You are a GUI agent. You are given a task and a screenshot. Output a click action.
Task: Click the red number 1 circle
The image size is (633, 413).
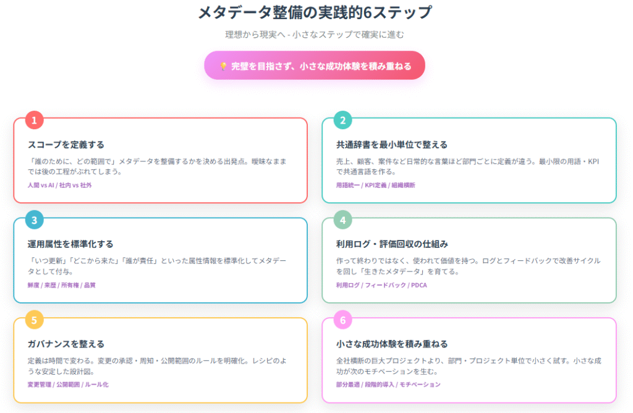[35, 120]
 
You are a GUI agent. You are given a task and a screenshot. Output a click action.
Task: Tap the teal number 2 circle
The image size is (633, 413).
[342, 120]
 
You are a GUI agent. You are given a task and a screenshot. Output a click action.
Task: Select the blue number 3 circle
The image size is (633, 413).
[35, 220]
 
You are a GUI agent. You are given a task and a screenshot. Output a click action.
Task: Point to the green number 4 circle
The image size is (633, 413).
[342, 220]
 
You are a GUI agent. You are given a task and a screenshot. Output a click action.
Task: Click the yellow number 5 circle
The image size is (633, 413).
[35, 320]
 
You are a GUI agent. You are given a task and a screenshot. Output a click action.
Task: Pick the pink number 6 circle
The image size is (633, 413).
[342, 320]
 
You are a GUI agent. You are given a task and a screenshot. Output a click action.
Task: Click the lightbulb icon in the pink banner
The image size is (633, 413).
[223, 66]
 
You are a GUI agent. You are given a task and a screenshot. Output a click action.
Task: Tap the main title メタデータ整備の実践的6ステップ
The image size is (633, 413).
[315, 12]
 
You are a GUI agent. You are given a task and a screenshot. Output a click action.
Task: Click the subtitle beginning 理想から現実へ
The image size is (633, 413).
[315, 35]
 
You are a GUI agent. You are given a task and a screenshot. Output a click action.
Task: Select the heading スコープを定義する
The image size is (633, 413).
[66, 145]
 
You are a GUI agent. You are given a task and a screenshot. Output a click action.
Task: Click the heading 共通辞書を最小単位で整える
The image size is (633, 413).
[391, 145]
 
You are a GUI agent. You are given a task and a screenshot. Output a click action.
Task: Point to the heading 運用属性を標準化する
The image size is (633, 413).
[70, 244]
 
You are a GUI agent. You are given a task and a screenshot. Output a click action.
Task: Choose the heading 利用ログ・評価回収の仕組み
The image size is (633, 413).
[392, 244]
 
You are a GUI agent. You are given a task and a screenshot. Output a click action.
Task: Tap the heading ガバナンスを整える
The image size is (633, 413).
[66, 344]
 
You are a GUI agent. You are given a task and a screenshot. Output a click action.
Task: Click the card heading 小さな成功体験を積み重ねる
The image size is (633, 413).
[392, 344]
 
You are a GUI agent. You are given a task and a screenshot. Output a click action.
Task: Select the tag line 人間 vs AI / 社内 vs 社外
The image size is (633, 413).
[60, 185]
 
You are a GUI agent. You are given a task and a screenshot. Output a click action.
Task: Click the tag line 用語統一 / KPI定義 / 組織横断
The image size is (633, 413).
[375, 185]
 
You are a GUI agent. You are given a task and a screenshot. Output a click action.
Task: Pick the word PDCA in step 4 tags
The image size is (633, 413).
[419, 285]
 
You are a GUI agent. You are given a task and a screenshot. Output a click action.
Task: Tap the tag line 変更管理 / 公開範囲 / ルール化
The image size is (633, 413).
[68, 385]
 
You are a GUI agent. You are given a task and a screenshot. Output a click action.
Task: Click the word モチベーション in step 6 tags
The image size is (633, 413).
[420, 385]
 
